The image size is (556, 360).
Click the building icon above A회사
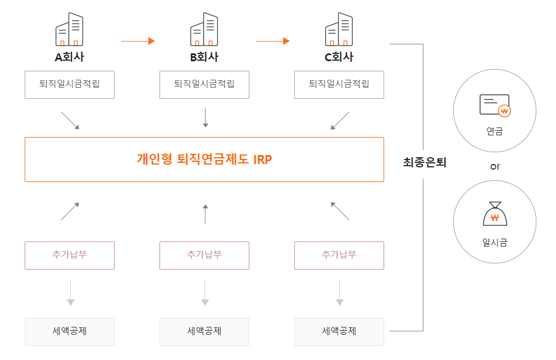[x=69, y=30]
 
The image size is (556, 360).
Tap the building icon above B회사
[x=204, y=30]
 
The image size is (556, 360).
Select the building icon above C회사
[x=339, y=30]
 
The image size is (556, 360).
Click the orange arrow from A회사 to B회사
[x=138, y=41]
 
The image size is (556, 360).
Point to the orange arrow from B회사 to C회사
[x=272, y=41]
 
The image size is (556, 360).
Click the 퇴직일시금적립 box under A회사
[x=70, y=84]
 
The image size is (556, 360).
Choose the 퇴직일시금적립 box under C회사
[x=339, y=84]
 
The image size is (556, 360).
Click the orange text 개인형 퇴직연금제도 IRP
[x=204, y=159]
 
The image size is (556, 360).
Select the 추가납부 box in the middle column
[x=204, y=255]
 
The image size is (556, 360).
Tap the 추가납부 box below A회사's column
[x=70, y=255]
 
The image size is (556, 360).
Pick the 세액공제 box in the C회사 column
[x=339, y=331]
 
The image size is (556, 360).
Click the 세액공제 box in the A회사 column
[x=70, y=331]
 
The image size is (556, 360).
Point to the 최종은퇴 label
[x=425, y=163]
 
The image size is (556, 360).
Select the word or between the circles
[x=495, y=166]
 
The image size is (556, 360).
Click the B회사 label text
[x=204, y=57]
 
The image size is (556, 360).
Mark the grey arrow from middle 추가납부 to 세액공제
[x=205, y=293]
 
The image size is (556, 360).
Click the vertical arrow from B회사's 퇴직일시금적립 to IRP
[x=205, y=117]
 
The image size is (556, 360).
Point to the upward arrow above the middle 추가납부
[x=205, y=213]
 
